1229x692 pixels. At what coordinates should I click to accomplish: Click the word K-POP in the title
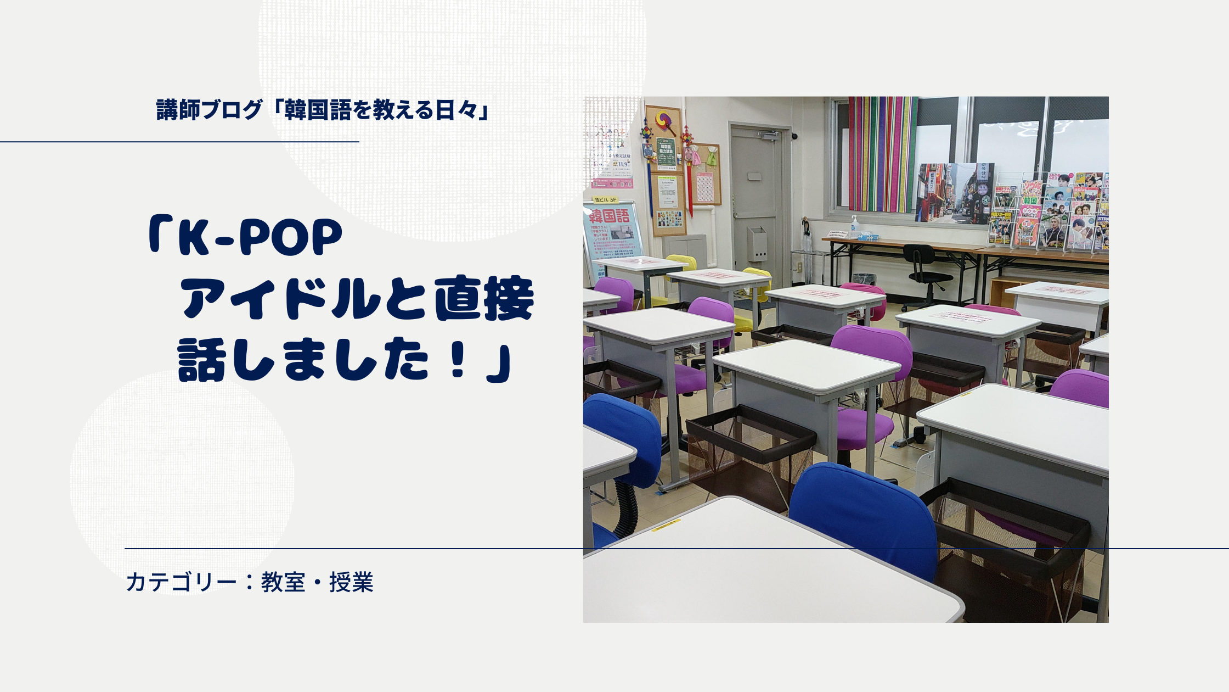pyautogui.click(x=261, y=238)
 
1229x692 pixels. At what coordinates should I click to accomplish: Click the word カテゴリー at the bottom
pyautogui.click(x=181, y=582)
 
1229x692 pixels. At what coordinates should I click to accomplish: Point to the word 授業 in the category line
pyautogui.click(x=351, y=582)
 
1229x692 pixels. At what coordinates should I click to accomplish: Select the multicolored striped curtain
pyautogui.click(x=882, y=154)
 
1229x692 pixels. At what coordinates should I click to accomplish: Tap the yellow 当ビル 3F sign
pyautogui.click(x=605, y=200)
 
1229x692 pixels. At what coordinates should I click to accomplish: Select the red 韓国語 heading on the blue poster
pyautogui.click(x=610, y=216)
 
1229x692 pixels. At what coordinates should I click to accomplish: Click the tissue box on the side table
pyautogui.click(x=867, y=237)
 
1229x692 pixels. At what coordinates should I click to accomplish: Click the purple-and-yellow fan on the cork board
pyautogui.click(x=664, y=120)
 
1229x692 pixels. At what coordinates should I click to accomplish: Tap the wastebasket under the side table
pyautogui.click(x=864, y=280)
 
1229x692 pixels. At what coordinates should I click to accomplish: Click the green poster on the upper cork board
pyautogui.click(x=666, y=153)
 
